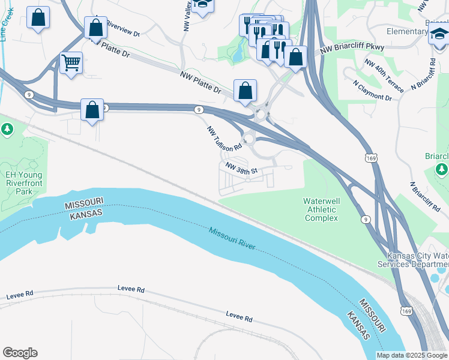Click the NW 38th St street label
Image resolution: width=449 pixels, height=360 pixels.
point(241,168)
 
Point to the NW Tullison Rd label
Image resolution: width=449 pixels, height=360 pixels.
point(224,138)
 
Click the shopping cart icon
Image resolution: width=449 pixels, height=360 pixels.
point(71,62)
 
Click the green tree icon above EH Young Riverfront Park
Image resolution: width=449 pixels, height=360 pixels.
point(7,129)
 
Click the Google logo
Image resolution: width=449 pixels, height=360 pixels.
point(20,353)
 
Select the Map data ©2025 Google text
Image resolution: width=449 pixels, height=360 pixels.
point(411,355)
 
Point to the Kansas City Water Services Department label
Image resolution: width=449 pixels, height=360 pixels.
point(414,260)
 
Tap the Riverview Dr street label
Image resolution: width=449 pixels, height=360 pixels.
point(122,29)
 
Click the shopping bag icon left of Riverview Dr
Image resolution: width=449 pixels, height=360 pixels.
point(95,28)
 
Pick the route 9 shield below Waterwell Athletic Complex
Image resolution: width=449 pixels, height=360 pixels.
point(366,219)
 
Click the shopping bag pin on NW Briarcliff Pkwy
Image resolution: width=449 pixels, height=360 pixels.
point(295,58)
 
